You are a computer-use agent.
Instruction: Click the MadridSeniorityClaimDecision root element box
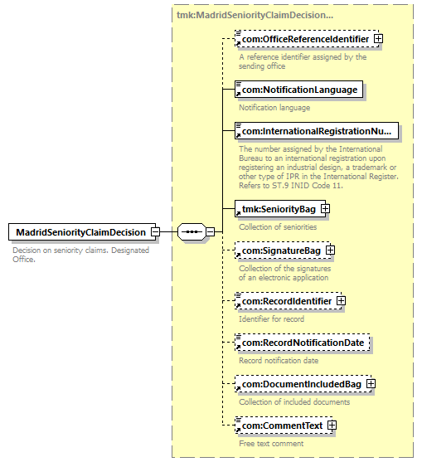click(x=82, y=232)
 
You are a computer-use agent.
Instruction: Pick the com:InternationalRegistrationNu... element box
click(x=317, y=131)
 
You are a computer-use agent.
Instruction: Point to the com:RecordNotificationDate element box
click(x=302, y=343)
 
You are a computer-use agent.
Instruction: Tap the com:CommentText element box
click(x=284, y=426)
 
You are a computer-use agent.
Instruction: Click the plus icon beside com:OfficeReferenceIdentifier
click(x=378, y=39)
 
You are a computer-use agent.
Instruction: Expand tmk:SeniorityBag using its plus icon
click(x=325, y=209)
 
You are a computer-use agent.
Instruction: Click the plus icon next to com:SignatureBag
click(x=331, y=250)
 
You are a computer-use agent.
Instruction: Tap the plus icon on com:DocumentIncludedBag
click(x=371, y=384)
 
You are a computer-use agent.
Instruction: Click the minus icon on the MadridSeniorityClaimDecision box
click(x=156, y=232)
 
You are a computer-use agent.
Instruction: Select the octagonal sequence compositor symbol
click(x=192, y=232)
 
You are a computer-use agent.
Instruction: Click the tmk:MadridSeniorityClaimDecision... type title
click(x=255, y=15)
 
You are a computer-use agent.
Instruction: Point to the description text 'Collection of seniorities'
click(x=278, y=227)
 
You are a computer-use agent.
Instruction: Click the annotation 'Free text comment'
click(x=271, y=444)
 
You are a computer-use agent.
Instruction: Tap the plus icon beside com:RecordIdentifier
click(x=341, y=301)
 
